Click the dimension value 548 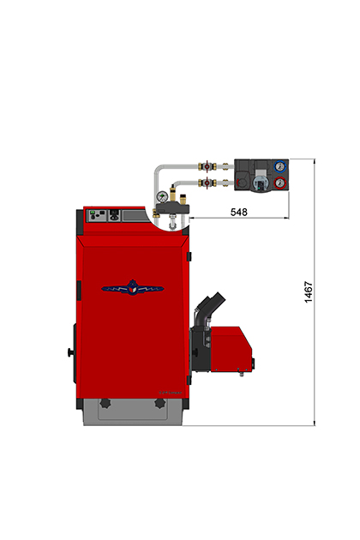239,212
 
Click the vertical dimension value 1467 309,292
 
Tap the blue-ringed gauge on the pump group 279,166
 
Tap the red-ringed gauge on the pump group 279,183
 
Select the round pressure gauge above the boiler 162,196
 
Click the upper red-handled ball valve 207,166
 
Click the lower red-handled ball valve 207,183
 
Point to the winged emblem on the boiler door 133,288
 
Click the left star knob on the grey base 105,403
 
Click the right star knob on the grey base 159,403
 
